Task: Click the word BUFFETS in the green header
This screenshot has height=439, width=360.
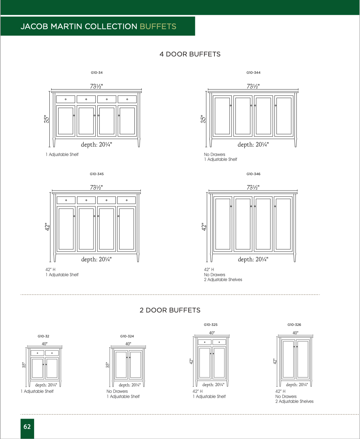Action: (158, 26)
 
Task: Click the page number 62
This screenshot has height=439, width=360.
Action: (27, 427)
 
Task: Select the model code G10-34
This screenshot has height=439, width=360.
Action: (97, 73)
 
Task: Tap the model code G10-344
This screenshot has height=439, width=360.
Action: (253, 73)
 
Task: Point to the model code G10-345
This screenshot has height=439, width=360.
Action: (97, 174)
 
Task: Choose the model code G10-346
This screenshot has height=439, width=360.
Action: (253, 174)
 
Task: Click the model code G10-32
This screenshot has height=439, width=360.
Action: (43, 336)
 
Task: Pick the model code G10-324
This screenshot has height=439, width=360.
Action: (127, 336)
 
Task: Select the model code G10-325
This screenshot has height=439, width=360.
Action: (211, 325)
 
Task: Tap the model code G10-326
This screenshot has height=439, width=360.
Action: (294, 325)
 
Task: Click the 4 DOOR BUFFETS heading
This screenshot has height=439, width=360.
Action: (190, 54)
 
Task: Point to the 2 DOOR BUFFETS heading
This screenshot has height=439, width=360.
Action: (170, 310)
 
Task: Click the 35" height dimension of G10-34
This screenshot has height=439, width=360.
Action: (47, 119)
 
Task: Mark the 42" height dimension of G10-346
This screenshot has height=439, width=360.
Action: (204, 227)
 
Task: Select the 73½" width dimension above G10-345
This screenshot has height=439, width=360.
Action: (96, 188)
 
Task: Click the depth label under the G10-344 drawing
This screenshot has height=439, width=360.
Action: (253, 145)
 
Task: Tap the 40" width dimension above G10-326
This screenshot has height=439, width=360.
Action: (295, 333)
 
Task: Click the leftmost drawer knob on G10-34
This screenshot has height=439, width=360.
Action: (65, 99)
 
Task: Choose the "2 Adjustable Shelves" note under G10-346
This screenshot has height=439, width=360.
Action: (223, 280)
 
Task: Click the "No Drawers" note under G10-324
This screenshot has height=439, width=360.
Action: (117, 392)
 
